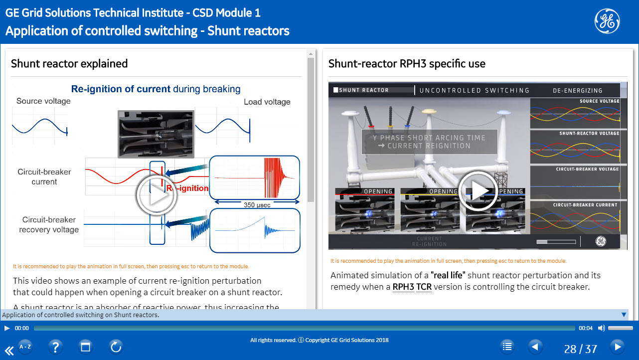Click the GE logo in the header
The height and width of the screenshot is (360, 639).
coord(607,21)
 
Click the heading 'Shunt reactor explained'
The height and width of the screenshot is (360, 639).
coord(69,64)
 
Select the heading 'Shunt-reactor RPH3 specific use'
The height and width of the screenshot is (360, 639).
coord(407,64)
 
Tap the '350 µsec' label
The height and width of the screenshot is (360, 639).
coord(257,204)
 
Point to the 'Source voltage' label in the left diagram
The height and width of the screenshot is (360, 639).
coord(43,101)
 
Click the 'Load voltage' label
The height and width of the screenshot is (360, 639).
coord(267,102)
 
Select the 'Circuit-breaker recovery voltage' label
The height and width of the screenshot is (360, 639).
coord(49,225)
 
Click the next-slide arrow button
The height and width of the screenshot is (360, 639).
coord(617,347)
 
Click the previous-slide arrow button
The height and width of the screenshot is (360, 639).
coord(535,347)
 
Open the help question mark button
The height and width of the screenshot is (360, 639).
coord(55,347)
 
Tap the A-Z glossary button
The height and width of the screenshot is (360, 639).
coord(25,347)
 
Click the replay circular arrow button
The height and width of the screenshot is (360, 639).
coord(116,347)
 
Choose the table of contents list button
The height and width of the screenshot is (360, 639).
coord(507,347)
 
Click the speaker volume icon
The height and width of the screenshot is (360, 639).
coord(601,328)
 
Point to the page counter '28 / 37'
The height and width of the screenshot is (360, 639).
coord(580,349)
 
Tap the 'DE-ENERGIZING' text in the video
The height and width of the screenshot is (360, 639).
coord(577,91)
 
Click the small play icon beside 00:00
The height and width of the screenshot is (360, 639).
coord(7,328)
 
